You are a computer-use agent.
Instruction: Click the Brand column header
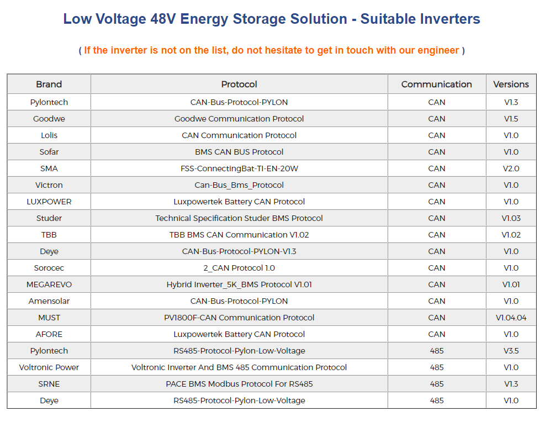(x=49, y=85)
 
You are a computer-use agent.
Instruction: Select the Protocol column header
(x=239, y=85)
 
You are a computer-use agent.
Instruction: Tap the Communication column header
(x=436, y=85)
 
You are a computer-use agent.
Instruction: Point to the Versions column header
(x=511, y=85)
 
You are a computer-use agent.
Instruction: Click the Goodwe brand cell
(x=49, y=119)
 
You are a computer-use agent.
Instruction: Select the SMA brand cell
(x=49, y=168)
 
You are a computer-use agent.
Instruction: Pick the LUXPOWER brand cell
(x=49, y=202)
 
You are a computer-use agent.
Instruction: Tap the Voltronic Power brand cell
(x=49, y=367)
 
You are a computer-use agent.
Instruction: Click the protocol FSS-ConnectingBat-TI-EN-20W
(x=239, y=168)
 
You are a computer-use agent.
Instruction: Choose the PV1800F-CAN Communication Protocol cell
(x=239, y=318)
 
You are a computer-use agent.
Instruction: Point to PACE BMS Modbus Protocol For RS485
(x=239, y=384)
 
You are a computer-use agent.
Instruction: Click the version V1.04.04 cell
(x=511, y=318)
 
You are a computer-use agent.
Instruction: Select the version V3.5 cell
(x=511, y=351)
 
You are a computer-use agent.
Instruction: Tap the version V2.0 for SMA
(x=511, y=168)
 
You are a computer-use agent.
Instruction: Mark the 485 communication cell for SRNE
(x=436, y=384)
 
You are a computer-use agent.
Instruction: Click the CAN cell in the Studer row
(x=436, y=218)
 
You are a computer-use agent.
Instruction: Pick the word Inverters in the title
(x=448, y=19)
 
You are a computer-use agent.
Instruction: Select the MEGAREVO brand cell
(x=49, y=284)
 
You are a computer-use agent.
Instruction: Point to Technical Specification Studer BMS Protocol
(x=239, y=218)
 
